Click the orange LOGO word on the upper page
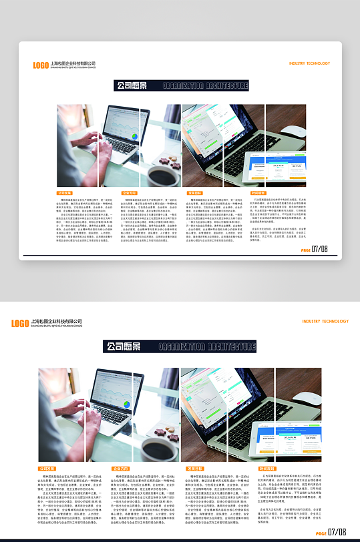(41, 65)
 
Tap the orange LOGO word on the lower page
(20, 323)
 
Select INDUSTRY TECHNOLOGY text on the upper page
(309, 63)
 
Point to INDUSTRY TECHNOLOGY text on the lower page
(325, 321)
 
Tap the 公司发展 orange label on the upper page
(65, 193)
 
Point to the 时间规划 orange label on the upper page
(258, 193)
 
